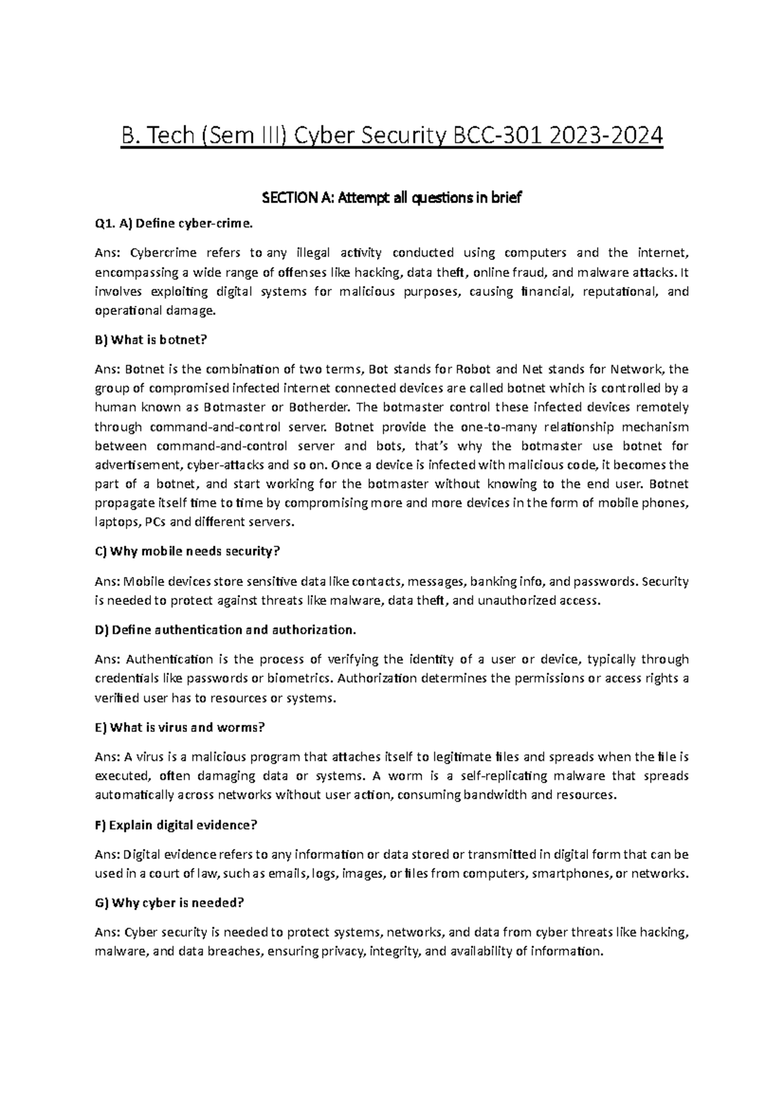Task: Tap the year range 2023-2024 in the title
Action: coord(606,136)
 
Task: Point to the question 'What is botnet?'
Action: coord(159,339)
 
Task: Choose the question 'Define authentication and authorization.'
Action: coord(234,630)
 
